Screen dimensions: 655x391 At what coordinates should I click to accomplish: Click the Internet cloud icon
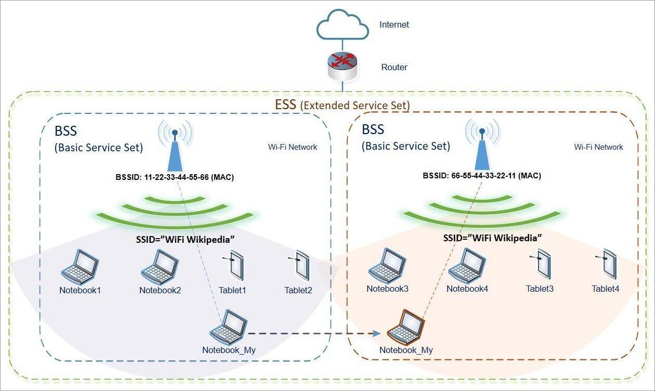point(343,24)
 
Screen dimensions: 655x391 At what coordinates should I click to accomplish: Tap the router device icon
point(343,67)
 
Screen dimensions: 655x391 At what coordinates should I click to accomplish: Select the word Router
point(394,67)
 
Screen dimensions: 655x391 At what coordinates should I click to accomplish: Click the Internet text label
point(394,24)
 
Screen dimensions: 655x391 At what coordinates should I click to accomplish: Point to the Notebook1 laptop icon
point(80,267)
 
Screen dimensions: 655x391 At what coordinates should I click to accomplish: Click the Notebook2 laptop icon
point(160,267)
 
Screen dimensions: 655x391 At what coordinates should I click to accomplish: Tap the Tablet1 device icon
point(233,266)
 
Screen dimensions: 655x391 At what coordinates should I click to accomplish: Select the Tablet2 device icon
point(299,266)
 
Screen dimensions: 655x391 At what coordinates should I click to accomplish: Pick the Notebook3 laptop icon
point(387,266)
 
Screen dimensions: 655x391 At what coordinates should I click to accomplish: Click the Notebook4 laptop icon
point(467,266)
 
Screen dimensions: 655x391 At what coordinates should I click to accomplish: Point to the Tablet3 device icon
point(541,264)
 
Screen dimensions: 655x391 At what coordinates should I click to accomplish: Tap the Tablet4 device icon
point(607,264)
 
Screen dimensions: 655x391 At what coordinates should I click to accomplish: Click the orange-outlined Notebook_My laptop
point(405,328)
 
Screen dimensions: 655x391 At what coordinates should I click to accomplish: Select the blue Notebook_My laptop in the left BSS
point(228,328)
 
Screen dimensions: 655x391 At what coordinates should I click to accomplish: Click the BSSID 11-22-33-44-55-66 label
point(175,177)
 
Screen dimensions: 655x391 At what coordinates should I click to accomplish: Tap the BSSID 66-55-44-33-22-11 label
point(482,176)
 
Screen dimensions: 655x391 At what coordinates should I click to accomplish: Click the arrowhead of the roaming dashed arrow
point(377,333)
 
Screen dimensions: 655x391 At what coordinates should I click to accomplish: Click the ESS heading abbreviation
point(286,105)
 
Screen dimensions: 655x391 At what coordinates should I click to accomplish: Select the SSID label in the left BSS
point(185,240)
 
